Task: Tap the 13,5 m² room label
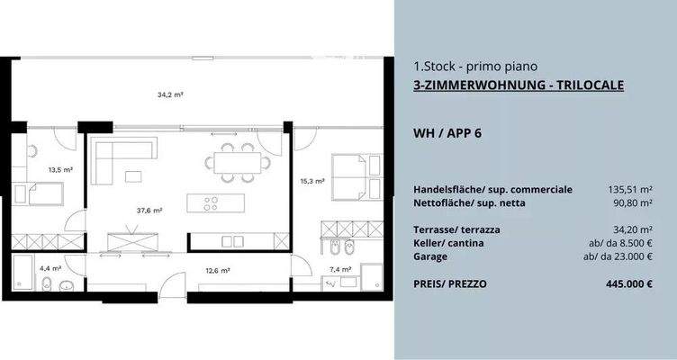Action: point(60,168)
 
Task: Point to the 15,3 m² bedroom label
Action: point(312,181)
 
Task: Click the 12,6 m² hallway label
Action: point(218,269)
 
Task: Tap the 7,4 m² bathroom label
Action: point(340,269)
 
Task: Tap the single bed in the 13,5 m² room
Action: point(40,193)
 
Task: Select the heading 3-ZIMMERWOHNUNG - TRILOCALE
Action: point(519,85)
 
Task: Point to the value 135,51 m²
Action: point(629,190)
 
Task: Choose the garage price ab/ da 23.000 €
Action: point(618,256)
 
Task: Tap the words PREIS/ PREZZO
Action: point(450,283)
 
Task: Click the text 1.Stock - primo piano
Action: point(475,66)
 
